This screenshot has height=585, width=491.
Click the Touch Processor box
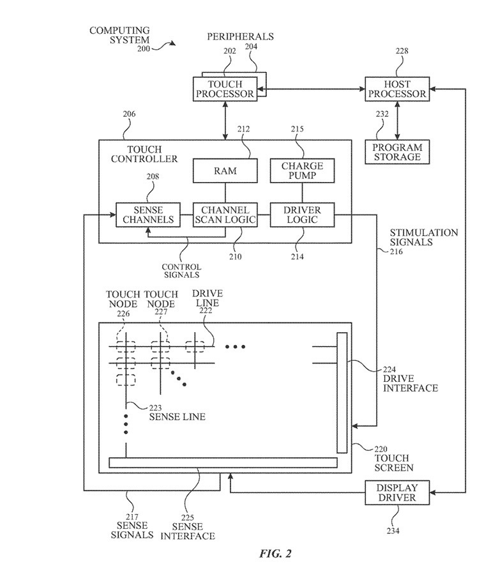tap(225, 89)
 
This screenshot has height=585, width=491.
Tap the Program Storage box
tap(397, 152)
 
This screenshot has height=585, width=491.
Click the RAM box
tap(225, 171)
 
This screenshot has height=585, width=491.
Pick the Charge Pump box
tap(302, 171)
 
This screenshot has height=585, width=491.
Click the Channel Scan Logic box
tap(225, 215)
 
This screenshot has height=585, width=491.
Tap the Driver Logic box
tap(302, 215)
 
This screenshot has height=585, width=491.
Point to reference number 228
tap(402, 52)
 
